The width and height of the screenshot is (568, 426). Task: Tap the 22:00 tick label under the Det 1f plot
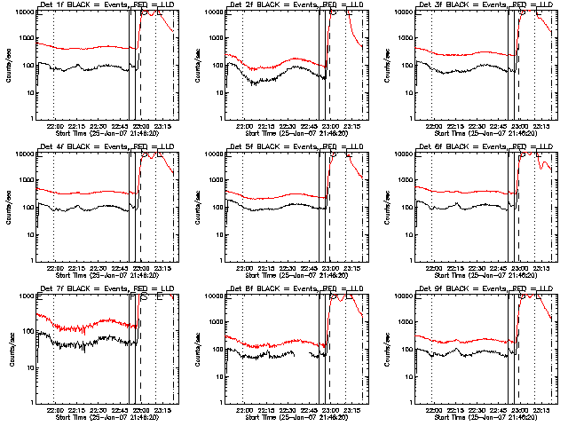coord(54,125)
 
